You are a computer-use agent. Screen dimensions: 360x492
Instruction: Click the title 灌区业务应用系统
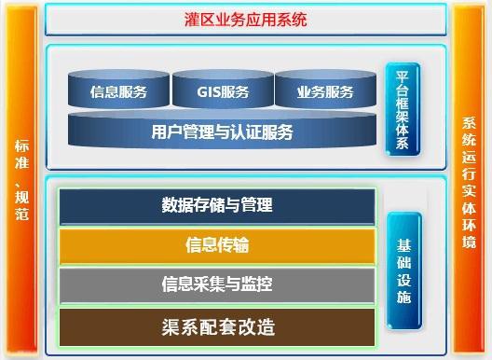[x=246, y=20]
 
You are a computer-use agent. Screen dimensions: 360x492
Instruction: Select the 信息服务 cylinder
[x=118, y=91]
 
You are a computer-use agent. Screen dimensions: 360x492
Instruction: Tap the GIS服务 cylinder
[x=223, y=91]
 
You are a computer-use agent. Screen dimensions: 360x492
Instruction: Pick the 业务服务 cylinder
[x=325, y=91]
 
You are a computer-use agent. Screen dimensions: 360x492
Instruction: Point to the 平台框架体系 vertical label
[x=403, y=109]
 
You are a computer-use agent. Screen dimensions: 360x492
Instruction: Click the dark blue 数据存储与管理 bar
[x=217, y=206]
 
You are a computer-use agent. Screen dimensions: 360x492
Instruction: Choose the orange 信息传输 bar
[x=217, y=245]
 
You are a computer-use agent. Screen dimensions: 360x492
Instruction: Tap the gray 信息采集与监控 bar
[x=217, y=284]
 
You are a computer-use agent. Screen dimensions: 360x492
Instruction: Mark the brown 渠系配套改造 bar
[x=217, y=325]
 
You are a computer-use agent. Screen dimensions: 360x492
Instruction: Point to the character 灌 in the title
[x=193, y=20]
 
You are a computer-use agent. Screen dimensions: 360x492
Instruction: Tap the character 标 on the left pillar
[x=22, y=146]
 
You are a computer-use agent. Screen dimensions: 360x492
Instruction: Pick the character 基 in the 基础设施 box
[x=403, y=246]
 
